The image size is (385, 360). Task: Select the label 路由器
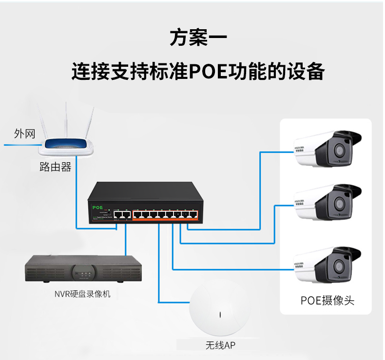(56, 167)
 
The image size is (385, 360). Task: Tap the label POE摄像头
(327, 300)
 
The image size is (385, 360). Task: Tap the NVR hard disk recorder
(83, 269)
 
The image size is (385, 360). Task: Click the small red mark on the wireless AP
(220, 314)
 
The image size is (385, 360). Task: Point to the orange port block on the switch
(166, 215)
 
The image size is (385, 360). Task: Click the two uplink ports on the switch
(122, 214)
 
